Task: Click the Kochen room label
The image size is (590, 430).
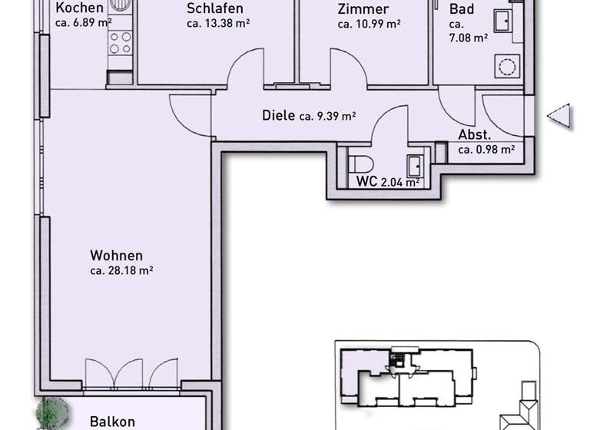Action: [81, 8]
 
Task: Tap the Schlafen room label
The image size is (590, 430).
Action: [215, 9]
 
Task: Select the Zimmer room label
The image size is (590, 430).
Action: [363, 9]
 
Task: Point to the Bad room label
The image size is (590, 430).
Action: [462, 9]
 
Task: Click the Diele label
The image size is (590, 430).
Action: [278, 116]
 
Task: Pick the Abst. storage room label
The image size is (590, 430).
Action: [475, 135]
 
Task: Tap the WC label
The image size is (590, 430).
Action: [366, 182]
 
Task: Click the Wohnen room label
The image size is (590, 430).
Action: [116, 256]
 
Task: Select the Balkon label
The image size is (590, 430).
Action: [112, 422]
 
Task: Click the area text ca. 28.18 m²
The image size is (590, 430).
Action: [121, 270]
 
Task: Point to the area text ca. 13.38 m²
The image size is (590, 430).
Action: [218, 24]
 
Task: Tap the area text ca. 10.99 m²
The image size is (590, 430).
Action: [370, 24]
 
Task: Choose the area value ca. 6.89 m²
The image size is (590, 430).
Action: [85, 24]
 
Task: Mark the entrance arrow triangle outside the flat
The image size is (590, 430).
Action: [559, 116]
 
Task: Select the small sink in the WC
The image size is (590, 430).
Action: [415, 164]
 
